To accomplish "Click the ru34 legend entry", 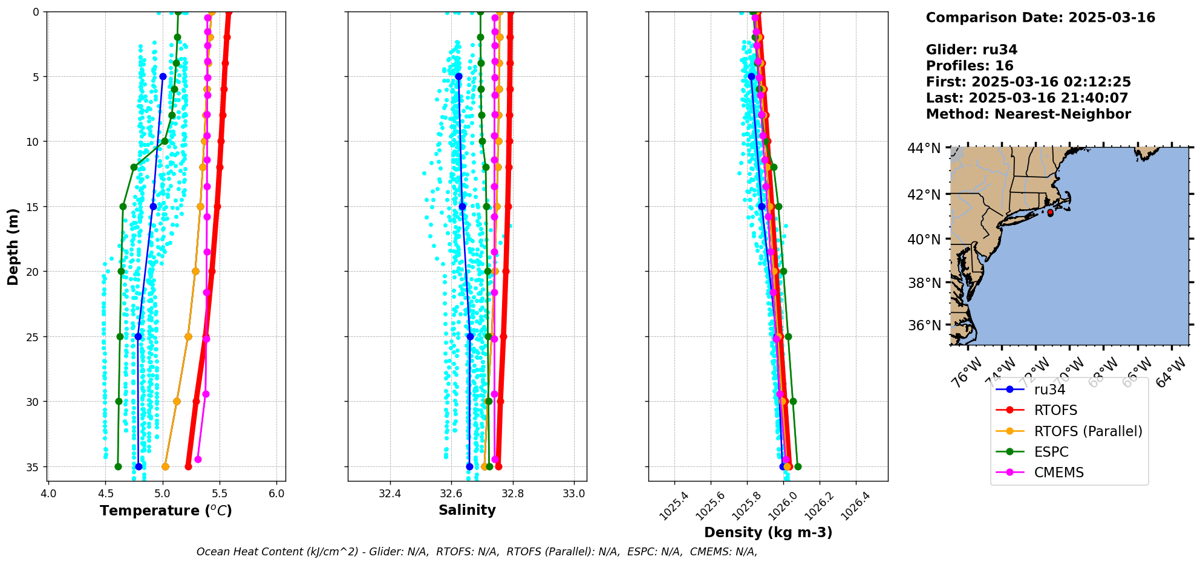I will pos(1049,390).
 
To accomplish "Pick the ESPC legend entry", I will pos(1051,452).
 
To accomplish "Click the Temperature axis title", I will pos(166,511).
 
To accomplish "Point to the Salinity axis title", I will pos(467,510).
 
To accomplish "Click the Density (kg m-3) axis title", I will pos(768,532).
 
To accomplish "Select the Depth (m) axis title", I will pos(13,247).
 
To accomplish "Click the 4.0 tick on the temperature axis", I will pos(48,494).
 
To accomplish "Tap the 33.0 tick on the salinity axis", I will pos(574,494).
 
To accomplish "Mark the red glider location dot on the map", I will pos(1050,213).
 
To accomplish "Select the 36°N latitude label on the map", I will pos(924,325).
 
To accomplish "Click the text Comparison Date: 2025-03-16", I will pos(1040,18).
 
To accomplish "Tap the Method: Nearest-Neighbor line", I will pos(1028,114).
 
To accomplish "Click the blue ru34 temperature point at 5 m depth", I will pos(163,77).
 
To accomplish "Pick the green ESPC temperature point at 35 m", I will pos(118,466).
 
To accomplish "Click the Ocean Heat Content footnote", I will pos(477,552).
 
